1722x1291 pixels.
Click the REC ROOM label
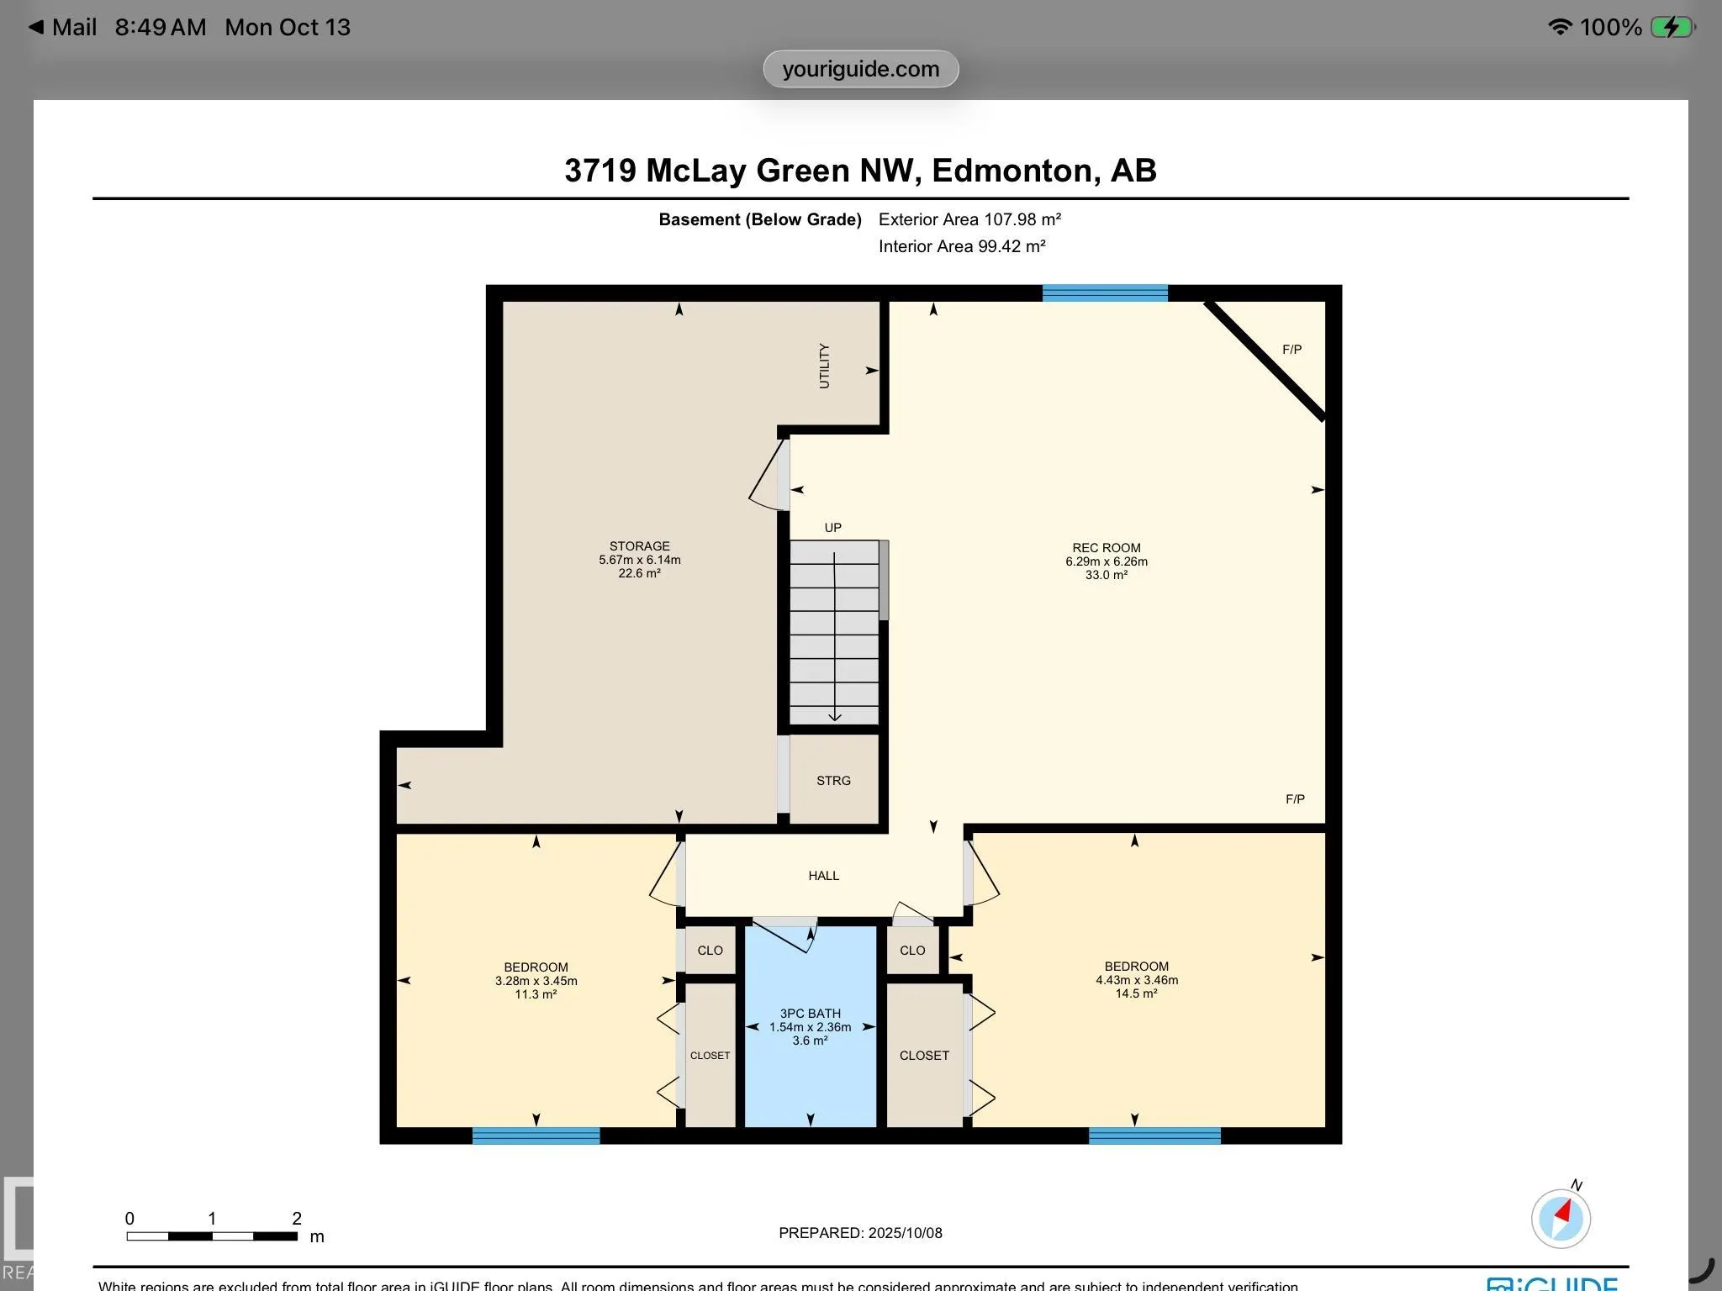click(1106, 548)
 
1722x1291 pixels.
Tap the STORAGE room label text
click(639, 546)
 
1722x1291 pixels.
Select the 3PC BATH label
click(810, 1014)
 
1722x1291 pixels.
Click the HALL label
click(823, 876)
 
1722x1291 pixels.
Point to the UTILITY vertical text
click(824, 366)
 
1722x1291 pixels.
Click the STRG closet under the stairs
click(833, 781)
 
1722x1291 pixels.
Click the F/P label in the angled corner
click(1291, 350)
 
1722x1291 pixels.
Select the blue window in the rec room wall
click(1105, 293)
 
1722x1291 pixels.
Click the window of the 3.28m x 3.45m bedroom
click(536, 1136)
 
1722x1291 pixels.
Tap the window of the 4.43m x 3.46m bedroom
click(1154, 1136)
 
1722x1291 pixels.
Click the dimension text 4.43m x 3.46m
click(1137, 980)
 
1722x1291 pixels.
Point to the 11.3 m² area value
click(536, 994)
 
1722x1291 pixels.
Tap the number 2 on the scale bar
click(297, 1219)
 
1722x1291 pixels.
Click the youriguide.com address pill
click(860, 69)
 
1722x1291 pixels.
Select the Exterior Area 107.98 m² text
click(969, 219)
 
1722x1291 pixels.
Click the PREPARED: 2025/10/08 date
click(860, 1233)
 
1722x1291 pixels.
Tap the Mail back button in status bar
click(63, 27)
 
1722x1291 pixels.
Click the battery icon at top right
click(1672, 27)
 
